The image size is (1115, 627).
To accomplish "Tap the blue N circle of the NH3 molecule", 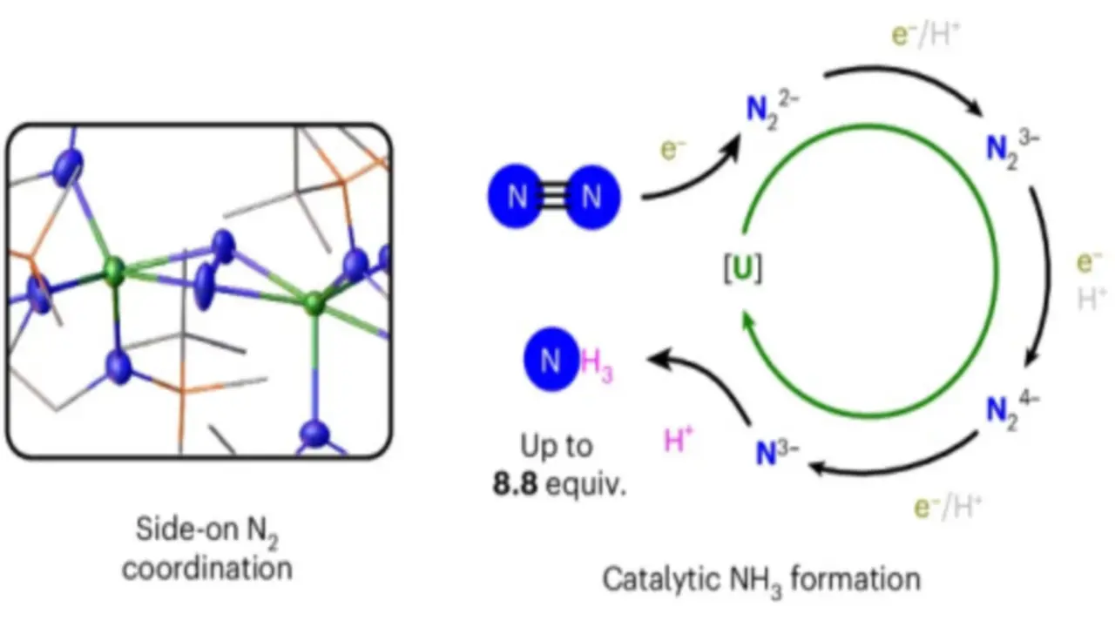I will [551, 361].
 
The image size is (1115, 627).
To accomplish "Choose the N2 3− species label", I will [1011, 145].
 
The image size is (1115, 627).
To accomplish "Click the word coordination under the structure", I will [206, 569].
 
